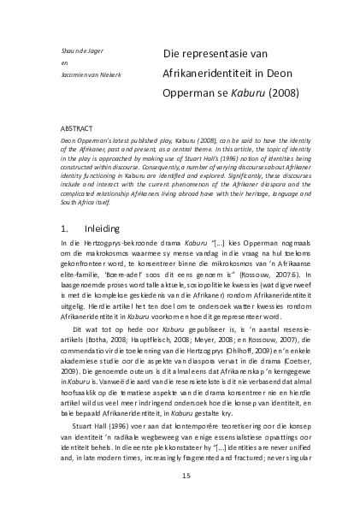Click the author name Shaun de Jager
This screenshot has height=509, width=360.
click(79, 53)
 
